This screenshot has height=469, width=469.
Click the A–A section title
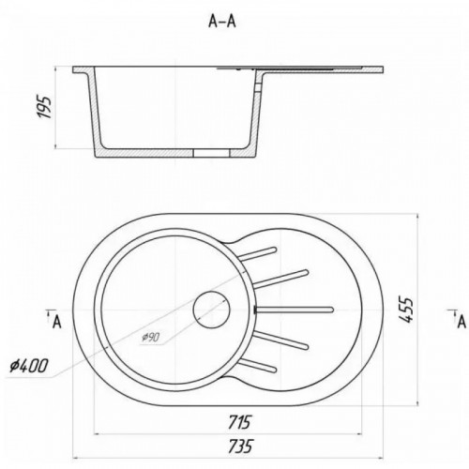[x=222, y=22]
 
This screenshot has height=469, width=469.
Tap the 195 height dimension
[x=44, y=107]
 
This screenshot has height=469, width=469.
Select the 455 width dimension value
[x=406, y=310]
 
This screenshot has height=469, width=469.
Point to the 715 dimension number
[x=239, y=422]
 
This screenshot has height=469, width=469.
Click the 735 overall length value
[x=240, y=446]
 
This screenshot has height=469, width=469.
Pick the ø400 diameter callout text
[x=29, y=365]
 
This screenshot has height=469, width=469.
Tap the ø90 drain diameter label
[x=151, y=337]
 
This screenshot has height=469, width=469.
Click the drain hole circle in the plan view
[x=211, y=310]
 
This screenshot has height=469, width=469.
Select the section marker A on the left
[x=56, y=322]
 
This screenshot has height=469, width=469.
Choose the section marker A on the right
[x=461, y=322]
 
